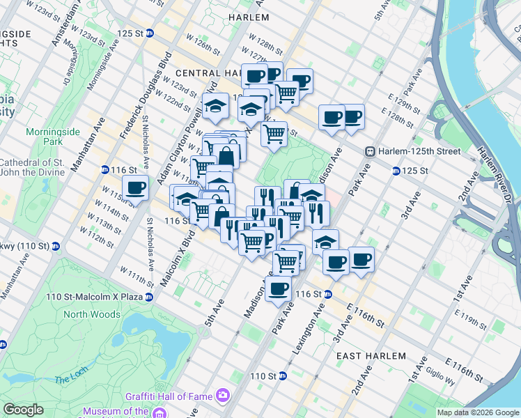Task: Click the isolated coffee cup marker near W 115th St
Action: [x=136, y=188]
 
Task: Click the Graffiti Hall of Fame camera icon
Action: [x=223, y=396]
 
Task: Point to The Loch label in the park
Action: [x=70, y=379]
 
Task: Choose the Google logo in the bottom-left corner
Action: [x=24, y=410]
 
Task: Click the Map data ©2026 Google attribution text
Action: [x=479, y=412]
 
